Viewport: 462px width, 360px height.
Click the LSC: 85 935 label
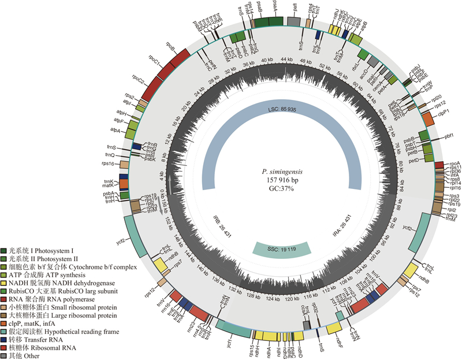282,109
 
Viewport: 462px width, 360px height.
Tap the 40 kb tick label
267,61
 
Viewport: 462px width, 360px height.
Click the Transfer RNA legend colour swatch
5,340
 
